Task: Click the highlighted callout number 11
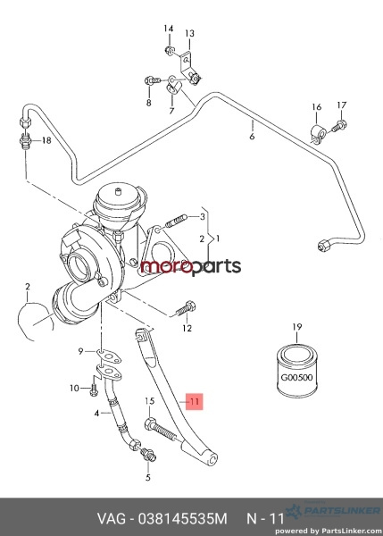[x=195, y=401]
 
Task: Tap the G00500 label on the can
[x=296, y=378]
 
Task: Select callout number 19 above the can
[x=297, y=327]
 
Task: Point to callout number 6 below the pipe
[x=252, y=137]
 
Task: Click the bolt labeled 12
[x=185, y=308]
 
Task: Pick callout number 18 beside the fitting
[x=46, y=140]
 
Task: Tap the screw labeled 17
[x=339, y=125]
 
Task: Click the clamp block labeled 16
[x=318, y=134]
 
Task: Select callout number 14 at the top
[x=169, y=29]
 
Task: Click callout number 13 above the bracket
[x=189, y=33]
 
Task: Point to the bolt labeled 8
[x=153, y=80]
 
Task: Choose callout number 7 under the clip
[x=171, y=111]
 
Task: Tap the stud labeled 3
[x=177, y=221]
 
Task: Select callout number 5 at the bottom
[x=147, y=477]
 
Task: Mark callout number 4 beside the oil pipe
[x=97, y=414]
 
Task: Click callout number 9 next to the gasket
[x=80, y=351]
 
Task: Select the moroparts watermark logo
[x=191, y=266]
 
